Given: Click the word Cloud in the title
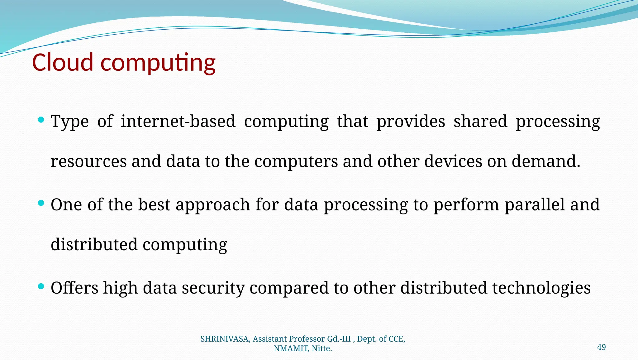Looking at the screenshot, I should point(63,62).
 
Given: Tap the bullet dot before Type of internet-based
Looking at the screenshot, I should point(41,120).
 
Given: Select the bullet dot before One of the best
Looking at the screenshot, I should point(41,204).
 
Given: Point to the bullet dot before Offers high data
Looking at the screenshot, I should point(41,286).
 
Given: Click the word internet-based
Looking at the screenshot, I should point(178,121).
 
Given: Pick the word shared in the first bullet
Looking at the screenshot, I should point(480,121).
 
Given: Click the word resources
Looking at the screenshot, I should point(88,161).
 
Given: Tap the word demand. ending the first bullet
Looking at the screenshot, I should point(546,161).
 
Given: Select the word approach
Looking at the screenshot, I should point(213,205).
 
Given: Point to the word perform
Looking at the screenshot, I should point(466,205).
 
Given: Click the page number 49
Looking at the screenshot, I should point(601,347).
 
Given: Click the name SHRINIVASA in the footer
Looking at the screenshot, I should point(224,339).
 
